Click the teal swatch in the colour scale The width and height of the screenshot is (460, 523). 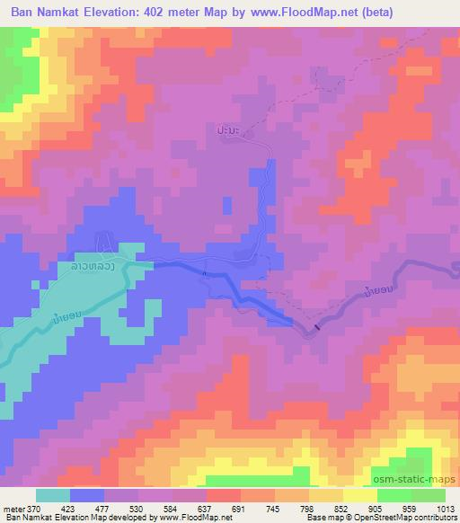[x=54, y=495]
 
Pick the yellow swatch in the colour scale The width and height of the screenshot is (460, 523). [x=360, y=495]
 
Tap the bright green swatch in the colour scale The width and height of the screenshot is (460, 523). [x=394, y=495]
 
